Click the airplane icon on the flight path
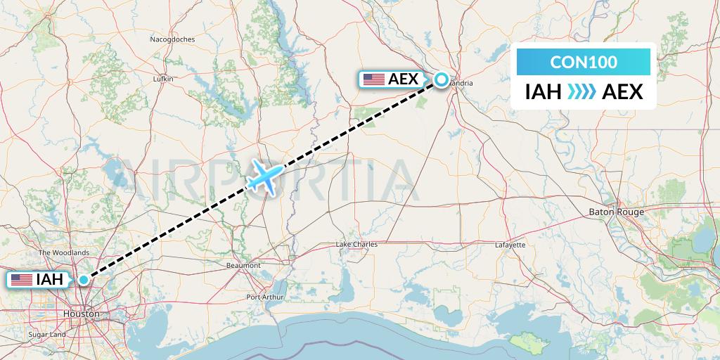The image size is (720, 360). tap(264, 176)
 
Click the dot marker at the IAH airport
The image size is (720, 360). tap(84, 280)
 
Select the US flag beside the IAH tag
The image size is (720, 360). tap(22, 280)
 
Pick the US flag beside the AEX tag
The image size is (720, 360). tap(373, 79)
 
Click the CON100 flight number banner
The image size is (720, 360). tap(584, 63)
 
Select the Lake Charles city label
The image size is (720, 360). tap(356, 245)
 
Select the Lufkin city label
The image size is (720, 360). tap(162, 79)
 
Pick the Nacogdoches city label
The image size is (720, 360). tap(172, 39)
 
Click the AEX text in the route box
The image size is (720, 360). tap(623, 91)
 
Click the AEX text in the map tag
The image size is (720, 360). tap(403, 79)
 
